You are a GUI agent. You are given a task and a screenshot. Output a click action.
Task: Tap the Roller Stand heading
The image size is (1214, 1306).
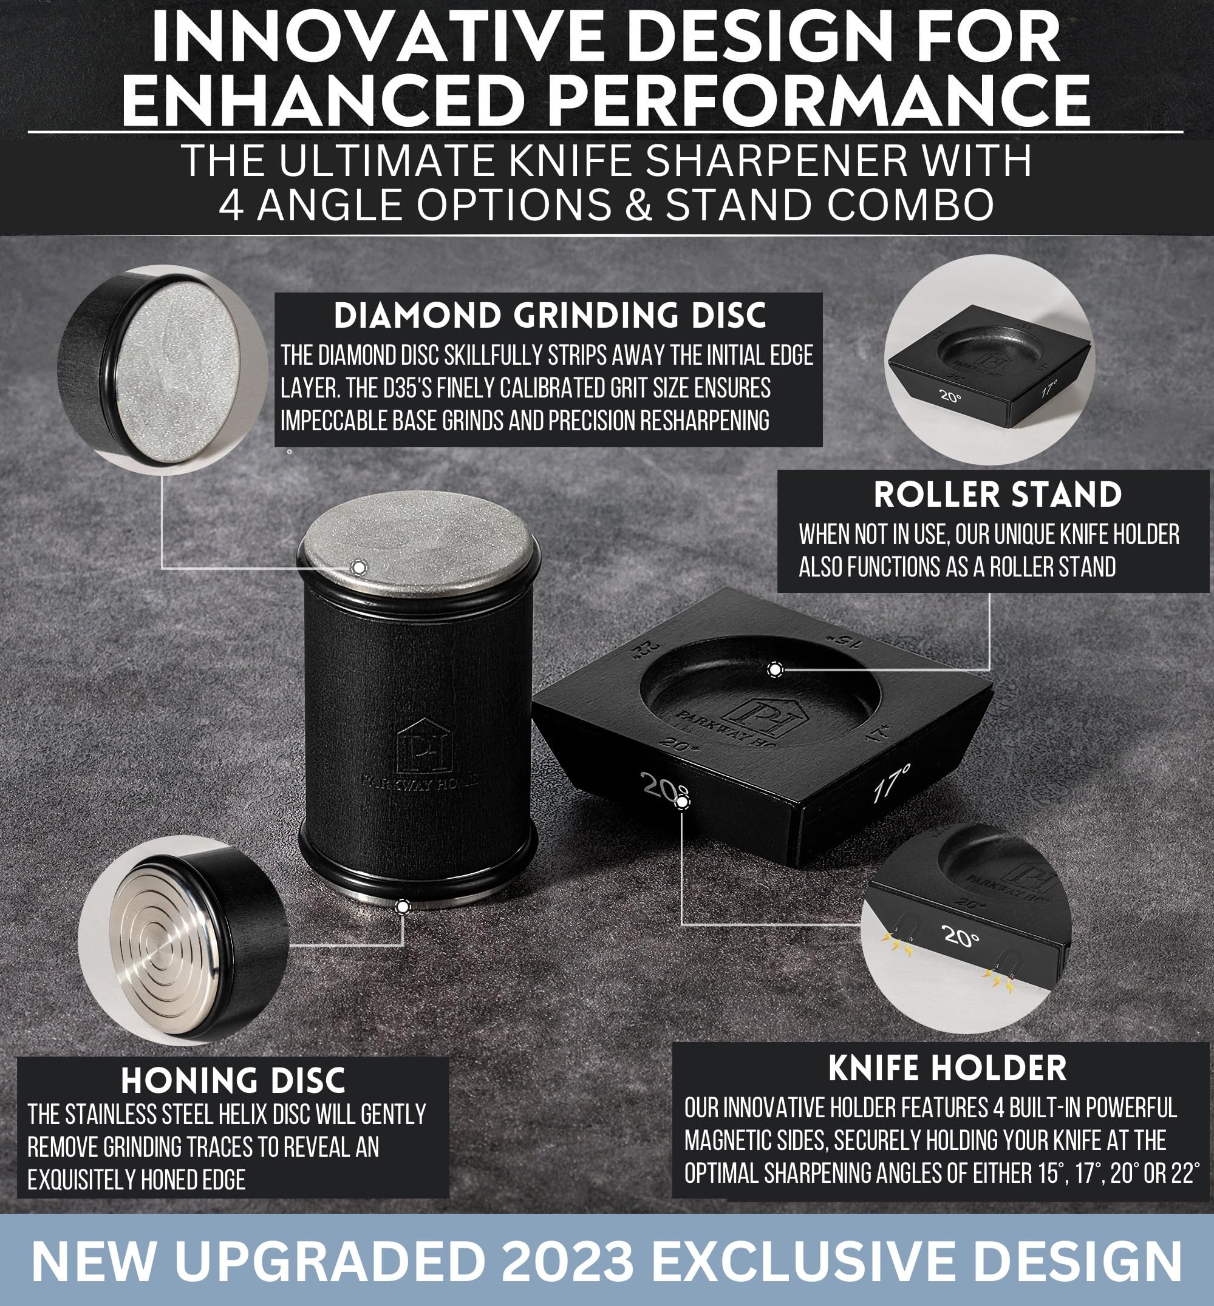(997, 495)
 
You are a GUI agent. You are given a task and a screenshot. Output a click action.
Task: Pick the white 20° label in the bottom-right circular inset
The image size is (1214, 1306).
(960, 936)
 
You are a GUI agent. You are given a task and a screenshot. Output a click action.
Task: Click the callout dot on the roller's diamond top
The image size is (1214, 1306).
(358, 567)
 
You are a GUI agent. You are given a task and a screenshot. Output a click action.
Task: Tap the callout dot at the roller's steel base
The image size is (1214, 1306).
(402, 907)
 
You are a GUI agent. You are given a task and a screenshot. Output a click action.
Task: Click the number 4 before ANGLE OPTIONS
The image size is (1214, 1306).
(231, 205)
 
